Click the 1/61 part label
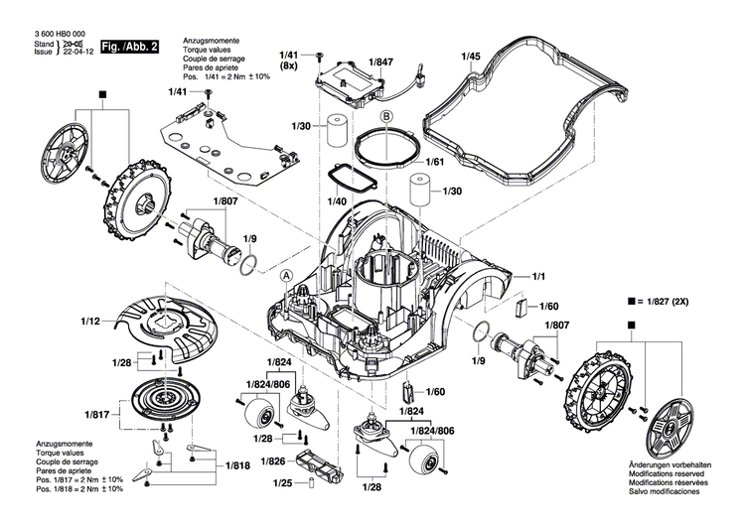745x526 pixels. click(435, 162)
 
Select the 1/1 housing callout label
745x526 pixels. click(540, 275)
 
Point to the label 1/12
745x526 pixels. click(90, 320)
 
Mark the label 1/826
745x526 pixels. click(273, 461)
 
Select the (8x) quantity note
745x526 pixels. click(289, 66)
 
